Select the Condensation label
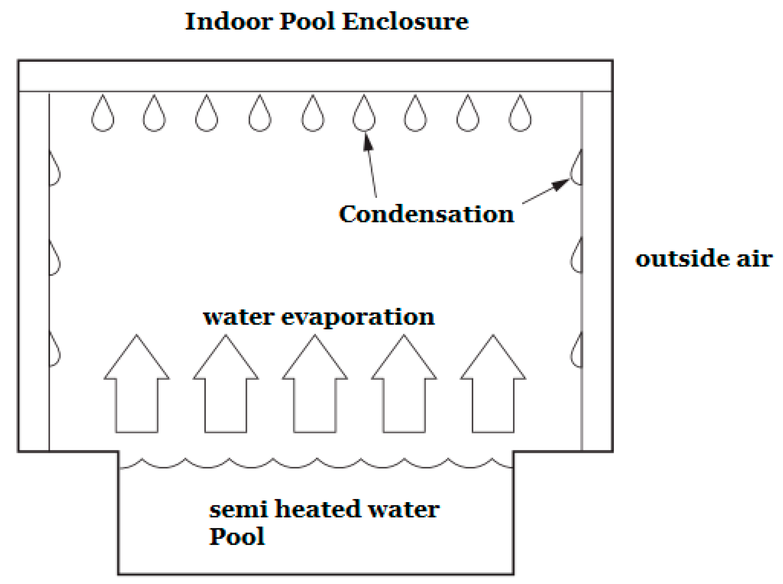pyautogui.click(x=426, y=214)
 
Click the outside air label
pyautogui.click(x=704, y=258)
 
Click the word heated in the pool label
pyautogui.click(x=318, y=509)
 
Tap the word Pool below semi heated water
pyautogui.click(x=237, y=536)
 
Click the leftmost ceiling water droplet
pyautogui.click(x=103, y=115)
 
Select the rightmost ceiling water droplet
pyautogui.click(x=520, y=115)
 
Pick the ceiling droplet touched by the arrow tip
pyautogui.click(x=364, y=115)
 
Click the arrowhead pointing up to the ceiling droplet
pyautogui.click(x=367, y=142)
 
